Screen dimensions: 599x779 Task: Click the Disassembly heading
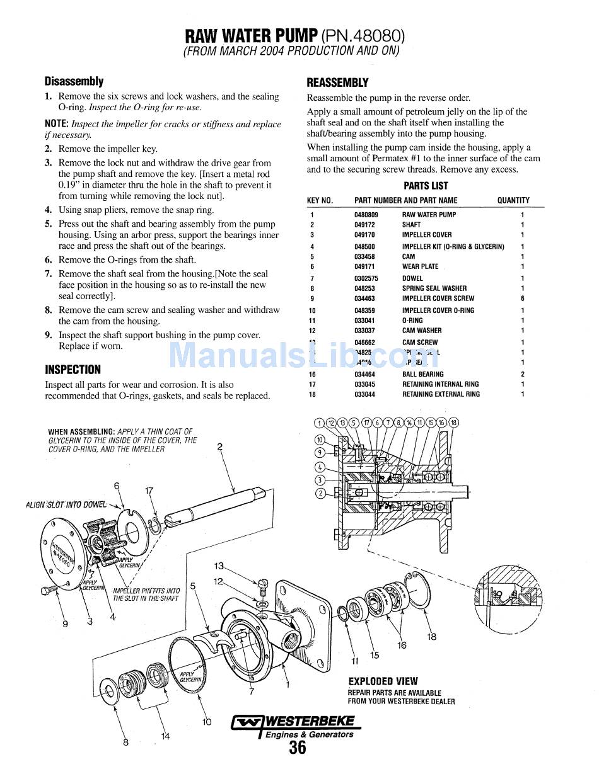pos(74,81)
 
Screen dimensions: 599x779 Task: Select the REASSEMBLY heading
pos(337,82)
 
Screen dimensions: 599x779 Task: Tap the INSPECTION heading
pos(73,370)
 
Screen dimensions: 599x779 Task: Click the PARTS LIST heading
pos(426,186)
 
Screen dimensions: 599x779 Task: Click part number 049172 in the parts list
pos(364,225)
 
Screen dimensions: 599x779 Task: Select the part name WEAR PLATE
pos(420,266)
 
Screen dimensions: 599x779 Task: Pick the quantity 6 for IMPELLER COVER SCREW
pos(522,299)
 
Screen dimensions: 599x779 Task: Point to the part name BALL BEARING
pos(422,374)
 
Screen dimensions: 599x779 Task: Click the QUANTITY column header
pos(513,200)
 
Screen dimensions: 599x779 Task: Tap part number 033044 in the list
pos(364,394)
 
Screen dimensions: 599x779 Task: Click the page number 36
pos(298,748)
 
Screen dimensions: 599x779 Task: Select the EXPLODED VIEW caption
pos(383,681)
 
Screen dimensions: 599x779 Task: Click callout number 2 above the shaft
pos(220,447)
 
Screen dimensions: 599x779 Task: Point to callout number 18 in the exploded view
pos(431,637)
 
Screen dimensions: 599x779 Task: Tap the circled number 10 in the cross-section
pos(320,440)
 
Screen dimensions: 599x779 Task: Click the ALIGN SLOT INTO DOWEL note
pos(66,504)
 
